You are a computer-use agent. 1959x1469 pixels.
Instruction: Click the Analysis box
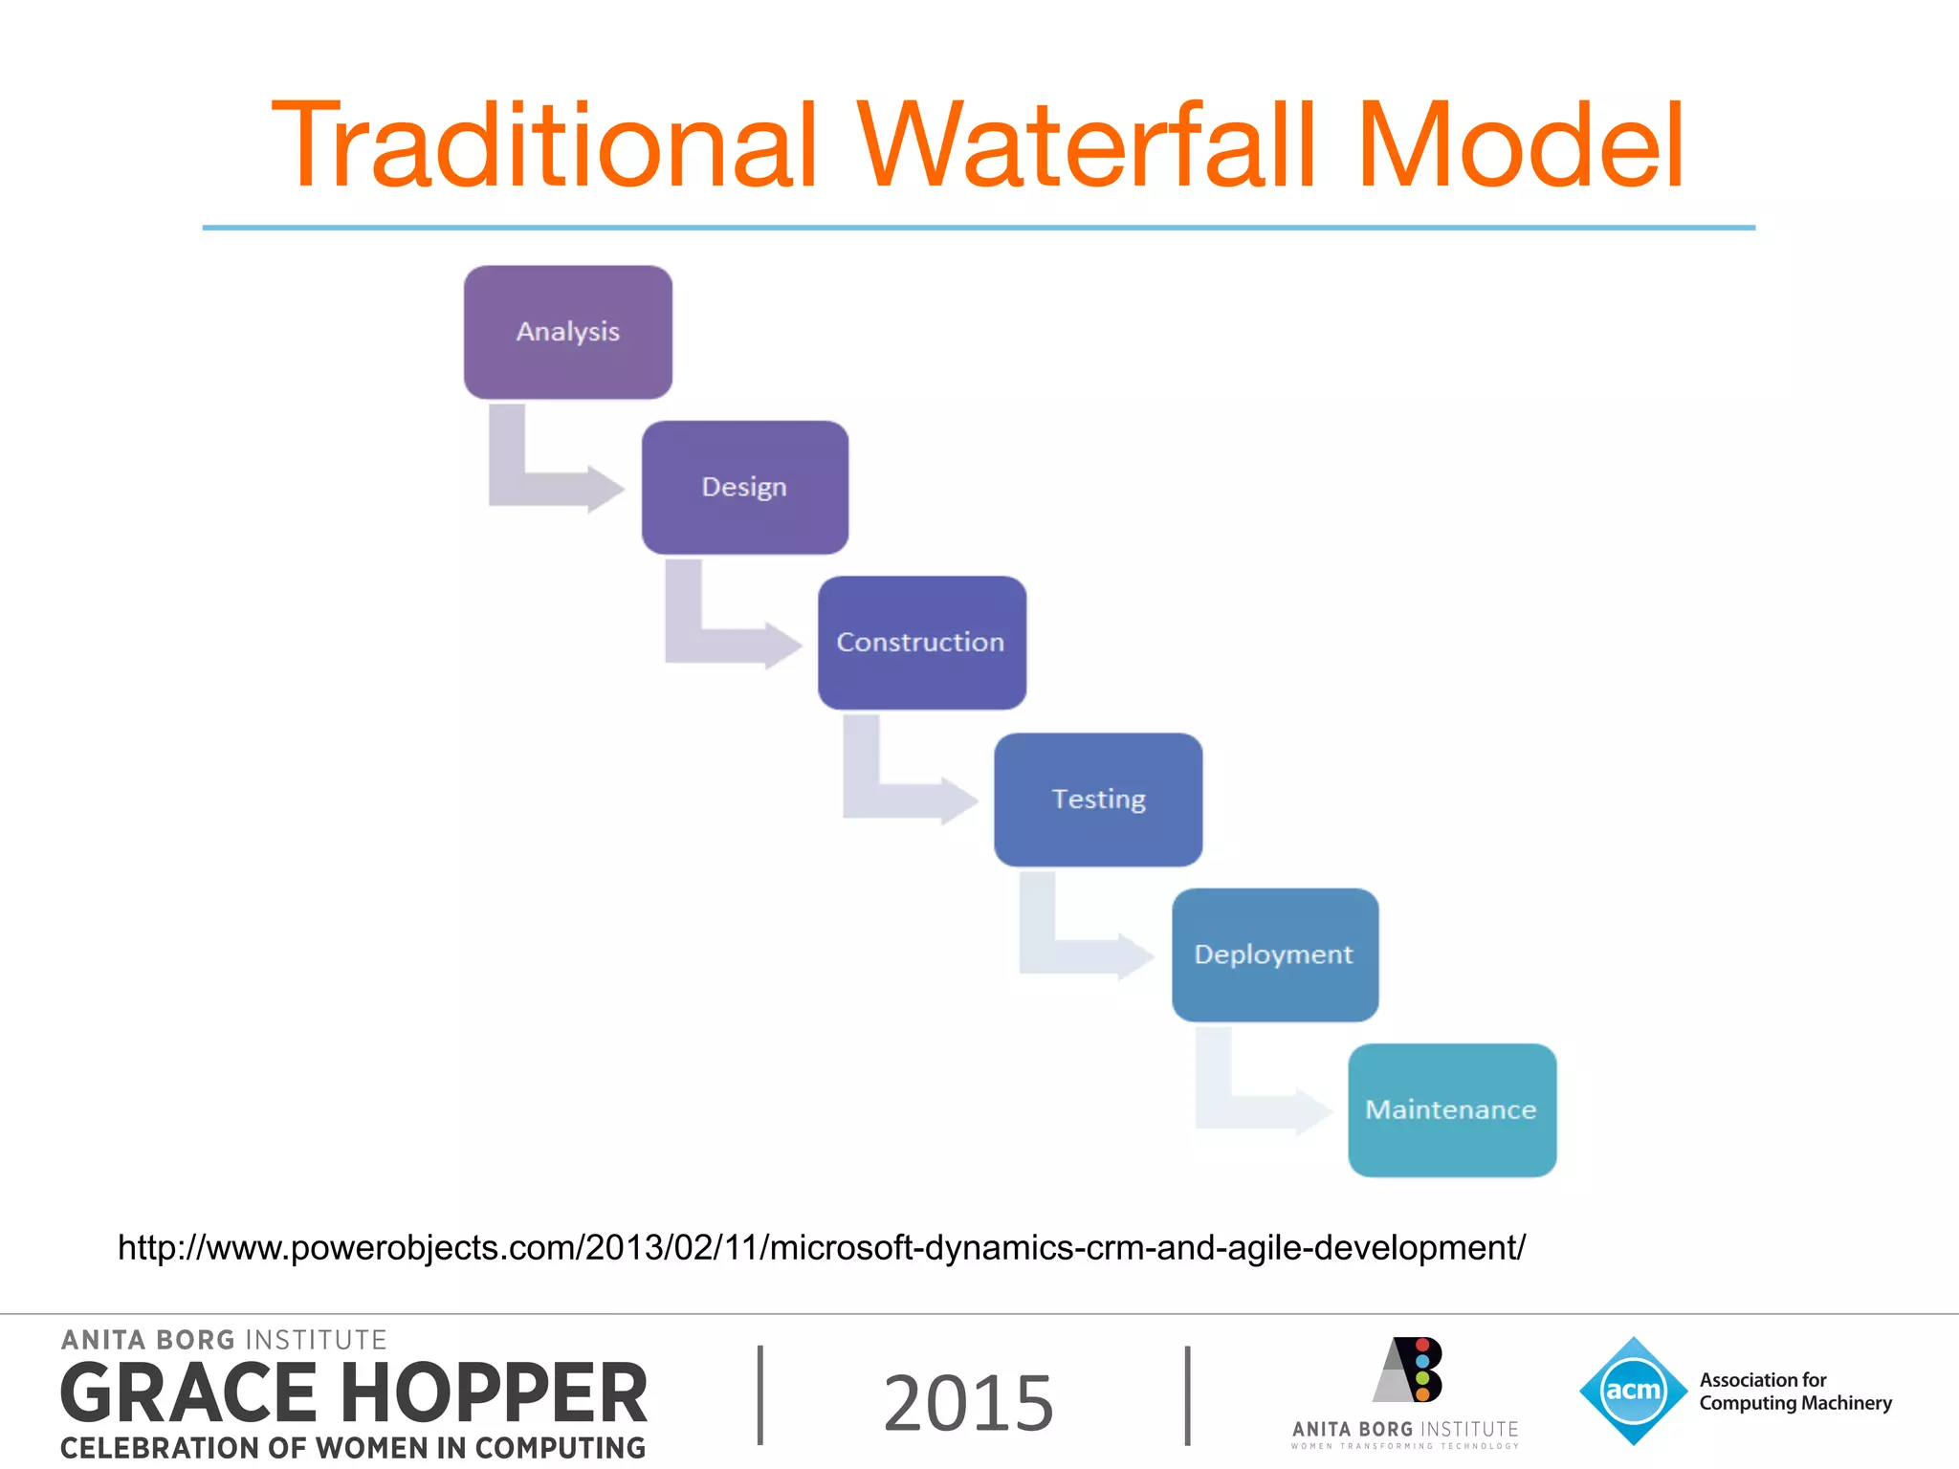[567, 332]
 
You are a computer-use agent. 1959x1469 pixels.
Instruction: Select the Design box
[744, 487]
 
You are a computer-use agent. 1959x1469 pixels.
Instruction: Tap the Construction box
[921, 642]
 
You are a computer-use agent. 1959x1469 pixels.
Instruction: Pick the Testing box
[1097, 799]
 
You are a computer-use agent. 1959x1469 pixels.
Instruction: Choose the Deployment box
[1274, 954]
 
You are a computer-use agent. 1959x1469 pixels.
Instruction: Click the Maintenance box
[1451, 1109]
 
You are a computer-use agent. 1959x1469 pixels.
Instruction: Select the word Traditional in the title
[545, 146]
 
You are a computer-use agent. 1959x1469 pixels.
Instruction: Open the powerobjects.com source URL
[821, 1248]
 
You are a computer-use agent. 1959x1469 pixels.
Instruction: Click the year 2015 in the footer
[968, 1403]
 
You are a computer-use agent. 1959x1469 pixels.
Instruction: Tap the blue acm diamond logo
[1633, 1391]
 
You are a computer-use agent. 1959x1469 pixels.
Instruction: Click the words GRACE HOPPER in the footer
[354, 1393]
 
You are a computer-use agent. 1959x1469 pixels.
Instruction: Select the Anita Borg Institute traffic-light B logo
[1409, 1370]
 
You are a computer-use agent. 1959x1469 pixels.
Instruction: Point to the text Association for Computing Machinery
[1794, 1392]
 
